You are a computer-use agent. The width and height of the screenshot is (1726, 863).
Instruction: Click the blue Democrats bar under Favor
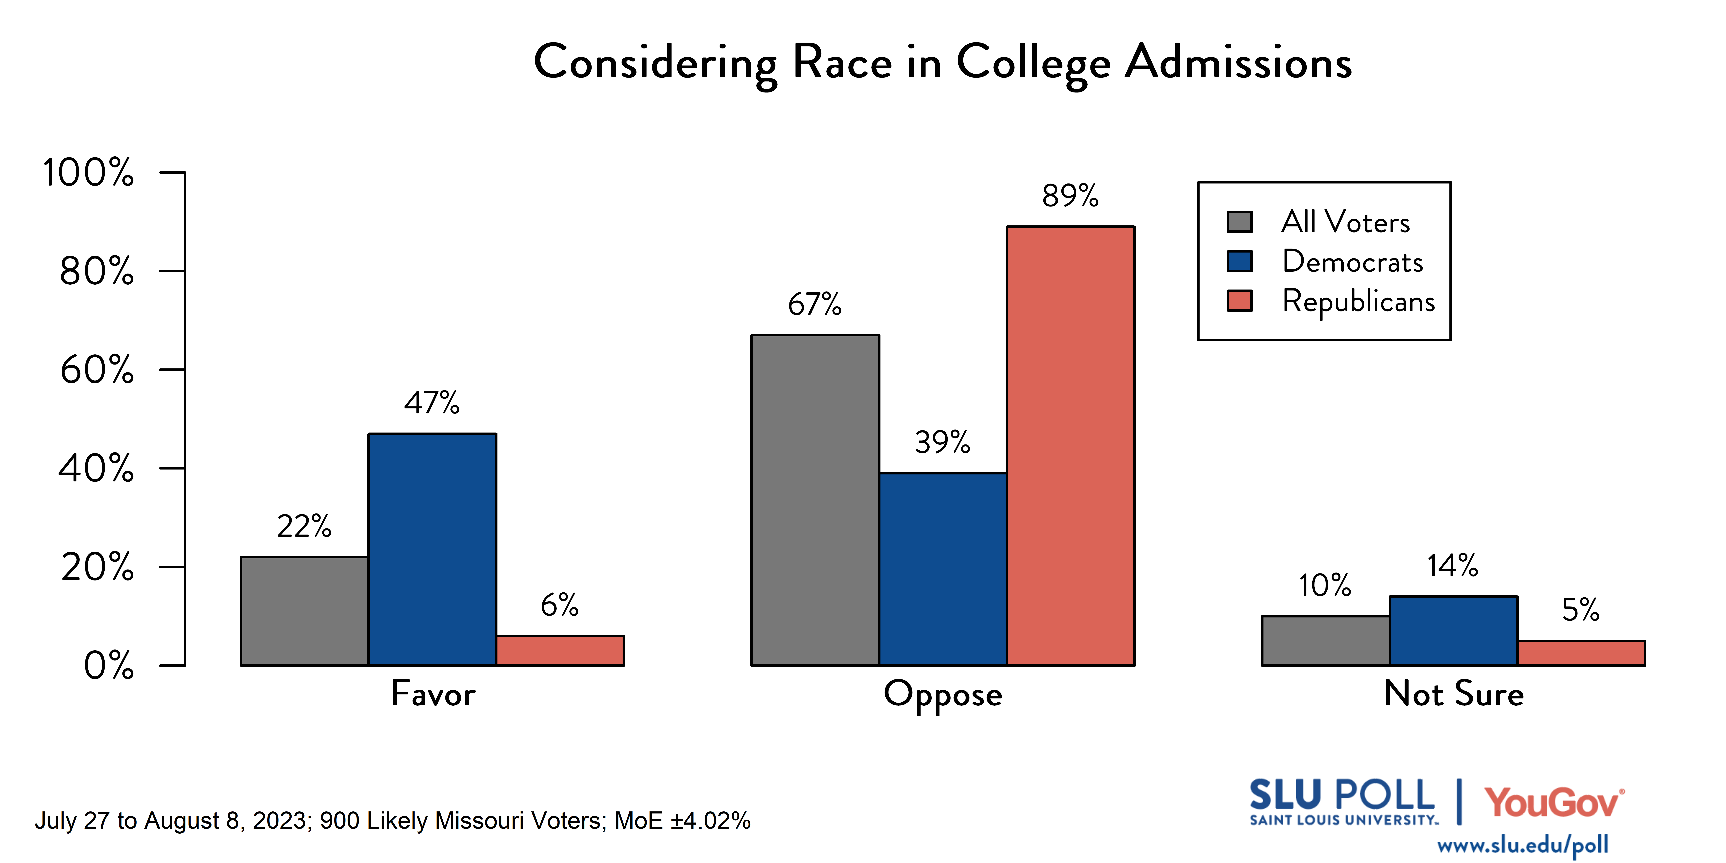[x=432, y=549]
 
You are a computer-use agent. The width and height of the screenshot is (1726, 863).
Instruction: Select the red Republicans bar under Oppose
[x=1070, y=445]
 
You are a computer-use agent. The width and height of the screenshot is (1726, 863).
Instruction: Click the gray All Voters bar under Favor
[x=304, y=610]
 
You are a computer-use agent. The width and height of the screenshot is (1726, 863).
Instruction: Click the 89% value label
[x=1070, y=196]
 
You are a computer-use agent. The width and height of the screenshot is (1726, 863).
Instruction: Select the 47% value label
[x=432, y=403]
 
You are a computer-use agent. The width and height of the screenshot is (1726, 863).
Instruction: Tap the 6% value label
[x=560, y=605]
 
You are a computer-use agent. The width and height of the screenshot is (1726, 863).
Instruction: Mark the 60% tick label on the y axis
[x=97, y=369]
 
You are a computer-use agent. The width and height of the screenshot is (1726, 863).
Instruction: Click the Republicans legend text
[x=1358, y=301]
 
